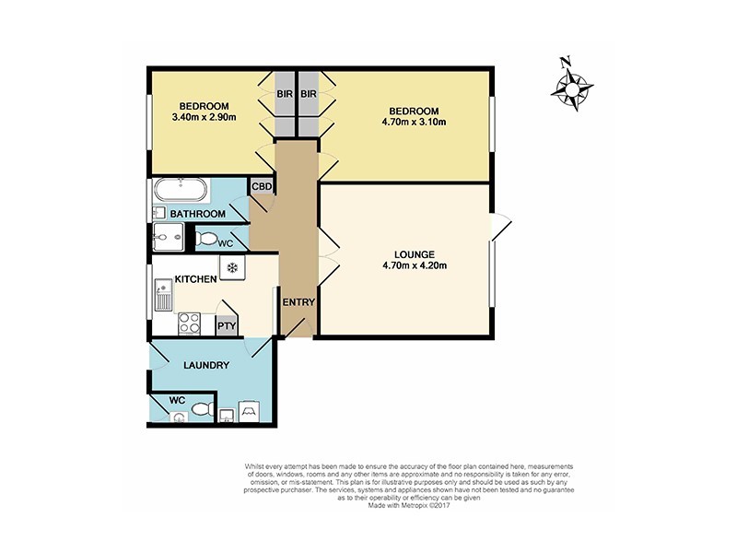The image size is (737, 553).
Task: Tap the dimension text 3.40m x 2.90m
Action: click(204, 118)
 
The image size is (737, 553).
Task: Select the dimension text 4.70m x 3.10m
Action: click(414, 122)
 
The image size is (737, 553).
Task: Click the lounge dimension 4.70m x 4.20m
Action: click(414, 268)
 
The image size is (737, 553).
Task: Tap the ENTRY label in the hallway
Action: click(298, 303)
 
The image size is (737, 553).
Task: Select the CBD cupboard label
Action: click(262, 187)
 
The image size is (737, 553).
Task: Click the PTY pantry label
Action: click(225, 324)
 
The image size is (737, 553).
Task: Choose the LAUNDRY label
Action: click(206, 365)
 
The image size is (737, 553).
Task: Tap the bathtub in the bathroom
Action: click(181, 191)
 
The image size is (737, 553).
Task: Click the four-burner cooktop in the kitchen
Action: click(190, 323)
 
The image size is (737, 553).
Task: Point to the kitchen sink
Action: click(164, 297)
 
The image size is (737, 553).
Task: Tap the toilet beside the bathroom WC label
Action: click(206, 239)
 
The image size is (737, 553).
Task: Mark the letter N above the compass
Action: click(566, 63)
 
